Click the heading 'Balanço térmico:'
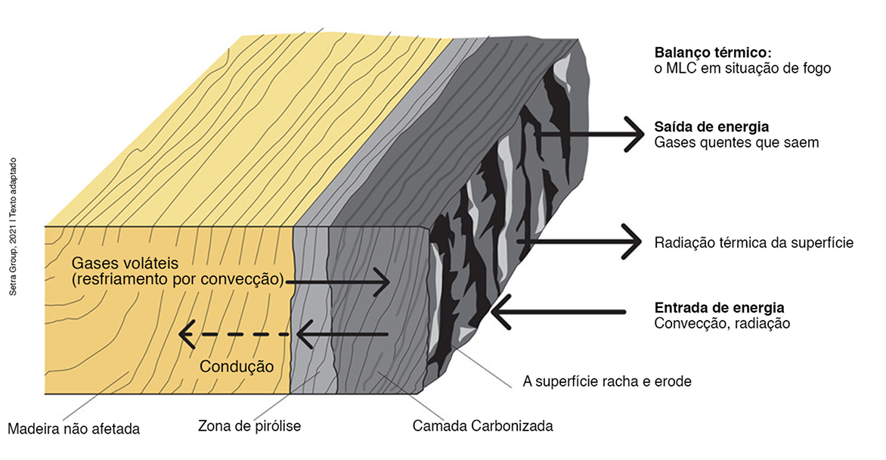coord(712,54)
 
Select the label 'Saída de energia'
coord(711,127)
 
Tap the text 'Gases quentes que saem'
coord(736,142)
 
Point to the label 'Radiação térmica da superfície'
coord(754,243)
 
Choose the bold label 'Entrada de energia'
coord(718,308)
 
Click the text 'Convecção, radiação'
coord(721,323)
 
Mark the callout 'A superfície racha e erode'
coord(607,381)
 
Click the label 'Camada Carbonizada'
coord(482,425)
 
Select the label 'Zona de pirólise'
coord(249,426)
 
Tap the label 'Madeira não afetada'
coord(73,429)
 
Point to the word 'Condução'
coord(236,367)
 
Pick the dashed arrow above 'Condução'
coord(234,334)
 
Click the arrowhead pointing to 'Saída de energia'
coord(632,135)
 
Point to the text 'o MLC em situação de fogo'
coord(742,69)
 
